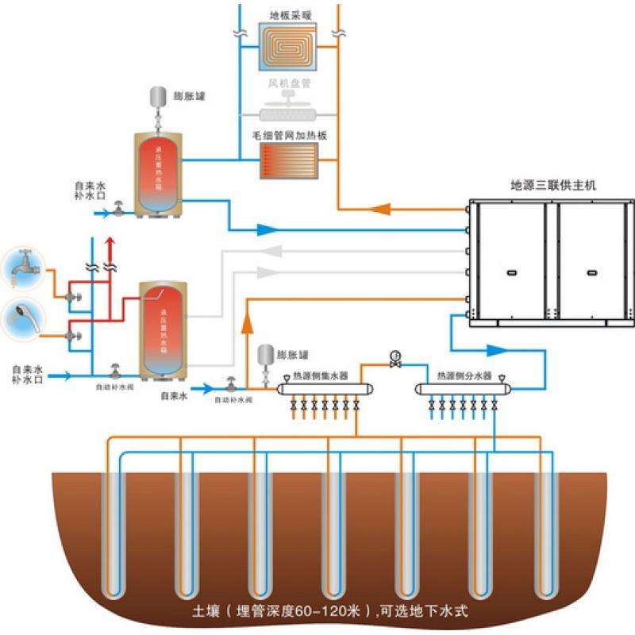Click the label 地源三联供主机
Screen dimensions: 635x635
pos(553,187)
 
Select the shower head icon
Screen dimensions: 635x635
pos(21,320)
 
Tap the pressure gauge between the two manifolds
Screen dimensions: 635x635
pos(395,356)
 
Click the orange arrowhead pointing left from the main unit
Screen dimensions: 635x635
pos(380,210)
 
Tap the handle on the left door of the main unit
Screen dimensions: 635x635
pos(510,272)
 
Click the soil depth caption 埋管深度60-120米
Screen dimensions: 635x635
pos(318,611)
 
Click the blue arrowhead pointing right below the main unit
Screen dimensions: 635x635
pos(495,349)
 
